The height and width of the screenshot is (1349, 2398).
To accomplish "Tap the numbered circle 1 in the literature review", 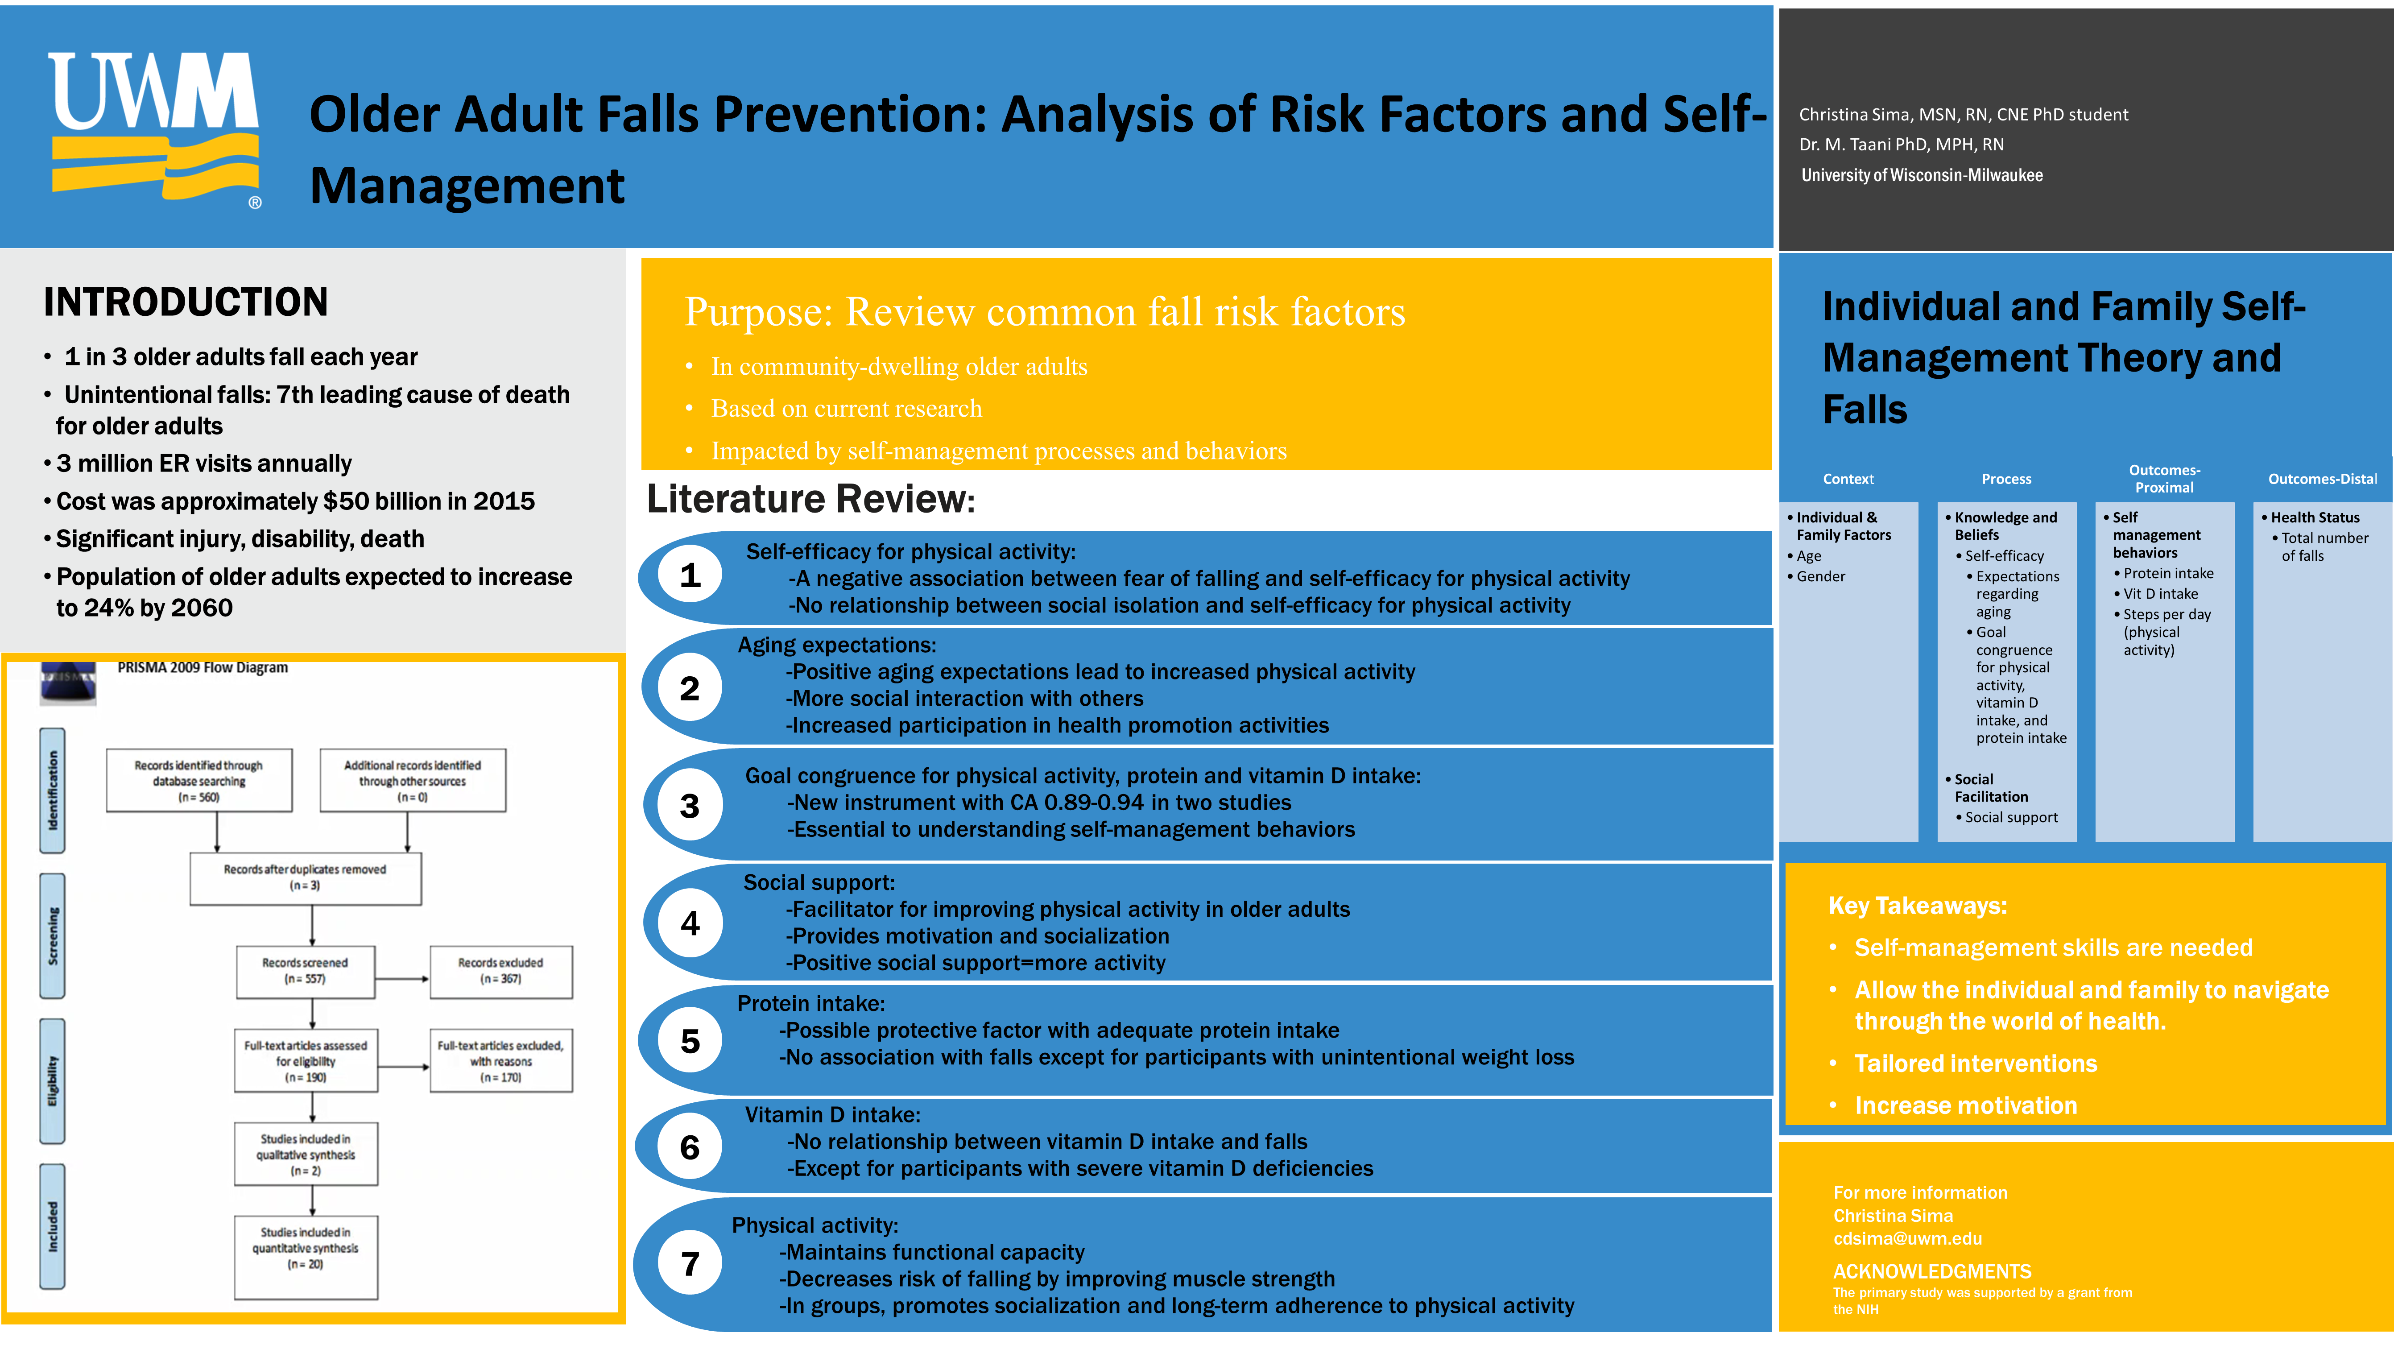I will (690, 575).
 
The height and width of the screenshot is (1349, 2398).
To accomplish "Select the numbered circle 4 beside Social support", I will (690, 923).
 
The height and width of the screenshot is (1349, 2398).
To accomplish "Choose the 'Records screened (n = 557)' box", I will (306, 971).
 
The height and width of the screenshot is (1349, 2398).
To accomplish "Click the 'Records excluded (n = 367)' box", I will (501, 971).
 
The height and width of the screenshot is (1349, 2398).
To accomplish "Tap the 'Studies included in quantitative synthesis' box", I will (306, 1249).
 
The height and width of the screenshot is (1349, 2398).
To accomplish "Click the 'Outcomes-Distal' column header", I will (2322, 479).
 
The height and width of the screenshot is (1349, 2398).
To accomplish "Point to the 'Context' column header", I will (1848, 479).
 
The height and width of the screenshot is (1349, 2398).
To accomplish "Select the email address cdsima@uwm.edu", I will (1907, 1238).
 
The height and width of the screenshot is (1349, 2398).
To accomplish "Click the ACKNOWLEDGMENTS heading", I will (1931, 1272).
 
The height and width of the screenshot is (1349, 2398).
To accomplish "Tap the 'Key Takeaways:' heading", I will (1918, 906).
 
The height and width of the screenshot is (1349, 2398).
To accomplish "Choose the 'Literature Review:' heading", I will (810, 499).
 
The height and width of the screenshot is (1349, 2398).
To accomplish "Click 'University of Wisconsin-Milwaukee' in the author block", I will (1921, 175).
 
